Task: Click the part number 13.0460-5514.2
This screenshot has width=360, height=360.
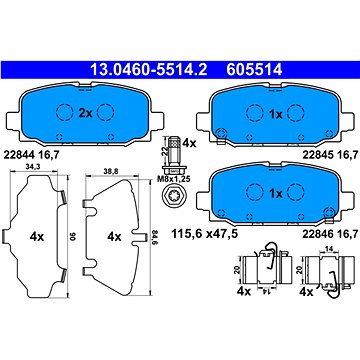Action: (x=149, y=70)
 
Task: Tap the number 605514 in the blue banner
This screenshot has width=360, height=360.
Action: (x=255, y=70)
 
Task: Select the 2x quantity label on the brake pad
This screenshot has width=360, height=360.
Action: (x=85, y=113)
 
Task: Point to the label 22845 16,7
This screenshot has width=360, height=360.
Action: (x=330, y=155)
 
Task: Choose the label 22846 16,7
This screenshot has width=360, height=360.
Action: (x=330, y=234)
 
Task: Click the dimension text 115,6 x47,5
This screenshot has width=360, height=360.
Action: (x=204, y=234)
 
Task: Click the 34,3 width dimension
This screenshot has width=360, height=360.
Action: (x=33, y=168)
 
